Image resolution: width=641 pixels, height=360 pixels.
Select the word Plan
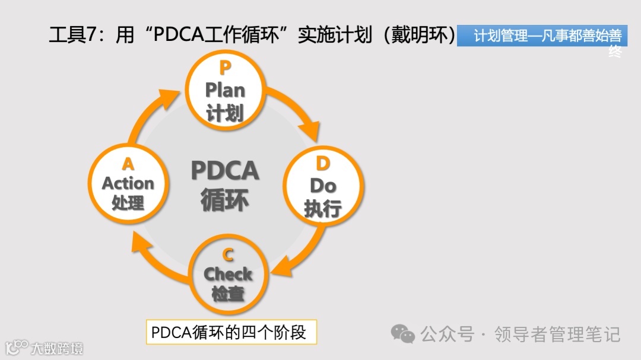tap(225, 91)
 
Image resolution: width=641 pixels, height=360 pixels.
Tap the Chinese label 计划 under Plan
tap(225, 112)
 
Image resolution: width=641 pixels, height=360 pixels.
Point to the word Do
tap(323, 186)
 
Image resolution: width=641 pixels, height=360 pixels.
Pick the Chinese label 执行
tap(323, 208)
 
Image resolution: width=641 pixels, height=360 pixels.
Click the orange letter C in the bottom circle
tap(228, 255)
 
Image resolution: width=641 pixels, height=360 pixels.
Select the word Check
tap(228, 274)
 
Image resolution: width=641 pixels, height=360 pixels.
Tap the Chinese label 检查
tap(228, 293)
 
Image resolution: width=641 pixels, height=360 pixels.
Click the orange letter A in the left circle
tap(128, 164)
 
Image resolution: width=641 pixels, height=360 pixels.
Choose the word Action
tap(128, 183)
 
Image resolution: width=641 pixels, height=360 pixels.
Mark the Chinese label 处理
tap(128, 203)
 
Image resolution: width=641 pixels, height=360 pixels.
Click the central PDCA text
tap(225, 171)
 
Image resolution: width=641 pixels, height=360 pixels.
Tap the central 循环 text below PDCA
tap(225, 200)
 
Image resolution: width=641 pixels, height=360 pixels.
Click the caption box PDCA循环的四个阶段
tap(231, 332)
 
